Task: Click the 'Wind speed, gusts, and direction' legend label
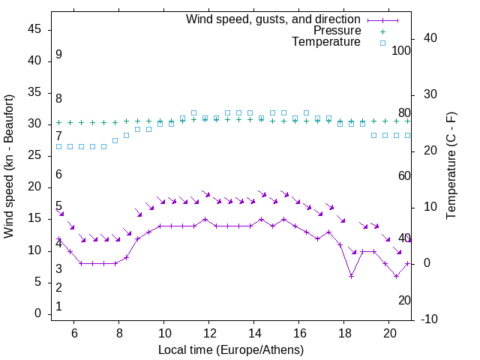coord(273,19)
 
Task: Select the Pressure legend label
coord(337,31)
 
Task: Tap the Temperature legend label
coord(326,43)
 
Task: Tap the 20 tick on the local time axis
coord(389,332)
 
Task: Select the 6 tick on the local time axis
coord(74,332)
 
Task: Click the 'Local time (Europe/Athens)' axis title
coord(231,350)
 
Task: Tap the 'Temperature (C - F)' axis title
coord(451,166)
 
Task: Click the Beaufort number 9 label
coord(58,55)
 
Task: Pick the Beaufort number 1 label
coord(58,307)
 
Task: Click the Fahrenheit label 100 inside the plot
coord(402,51)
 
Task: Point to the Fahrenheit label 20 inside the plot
coord(404,300)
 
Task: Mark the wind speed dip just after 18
coord(351,276)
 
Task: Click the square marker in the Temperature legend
coord(382,43)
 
